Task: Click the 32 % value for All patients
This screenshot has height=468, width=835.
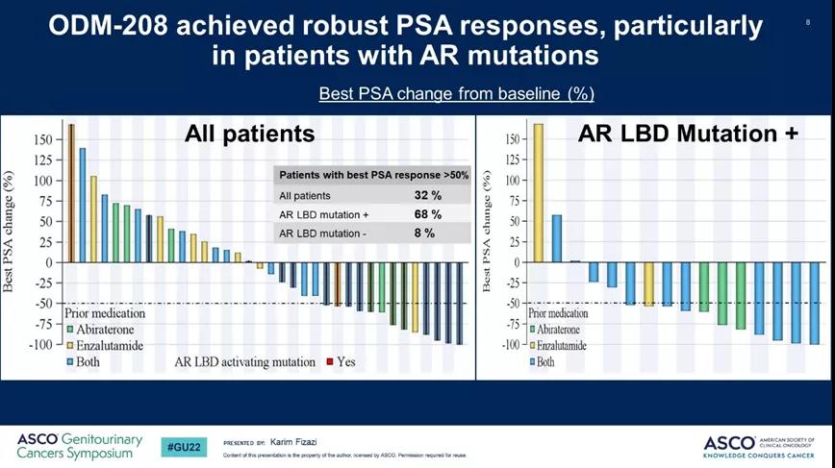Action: coord(415,195)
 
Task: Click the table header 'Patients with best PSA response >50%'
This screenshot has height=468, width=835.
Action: coord(373,175)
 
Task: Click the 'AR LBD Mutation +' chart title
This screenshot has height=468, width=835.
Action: coord(688,134)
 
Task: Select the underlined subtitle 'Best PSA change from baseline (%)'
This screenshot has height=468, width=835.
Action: coord(456,94)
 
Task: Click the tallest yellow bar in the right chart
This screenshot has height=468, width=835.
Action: coord(539,192)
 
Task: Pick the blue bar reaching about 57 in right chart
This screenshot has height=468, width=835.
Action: coord(557,238)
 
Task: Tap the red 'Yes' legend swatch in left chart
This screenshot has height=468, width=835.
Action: coord(329,362)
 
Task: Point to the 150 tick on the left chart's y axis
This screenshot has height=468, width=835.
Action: coord(44,139)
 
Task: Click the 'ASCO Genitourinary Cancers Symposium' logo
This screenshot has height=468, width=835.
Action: coord(79,446)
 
